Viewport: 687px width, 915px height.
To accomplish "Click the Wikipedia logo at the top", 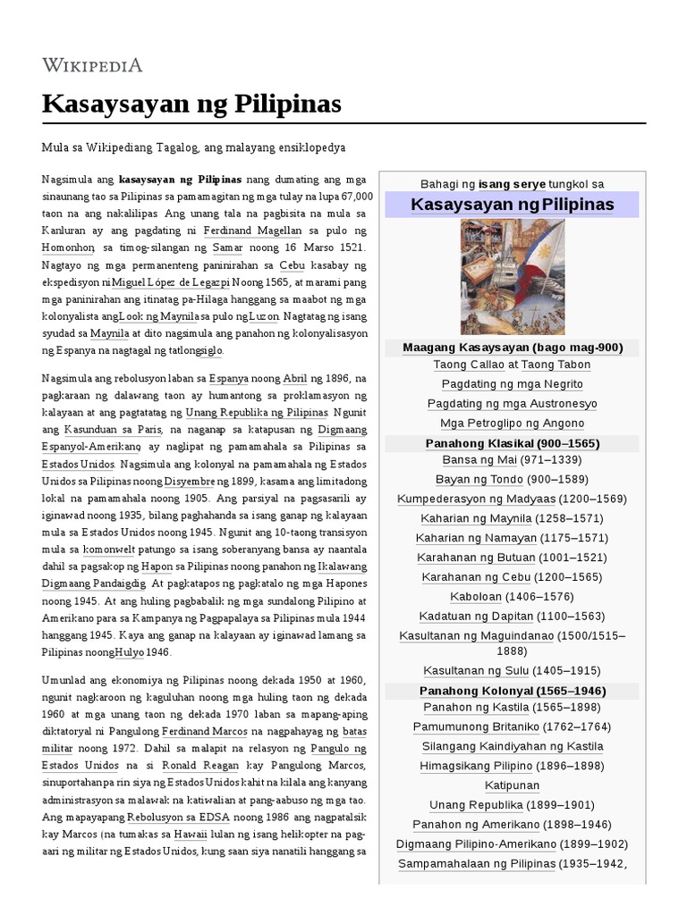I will pyautogui.click(x=92, y=64).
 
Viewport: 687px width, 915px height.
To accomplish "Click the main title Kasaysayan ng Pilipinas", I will pyautogui.click(x=191, y=104).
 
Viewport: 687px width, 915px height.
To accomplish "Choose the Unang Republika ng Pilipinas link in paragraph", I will pyautogui.click(x=256, y=412).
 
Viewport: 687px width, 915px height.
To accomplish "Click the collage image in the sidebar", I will pyautogui.click(x=512, y=277).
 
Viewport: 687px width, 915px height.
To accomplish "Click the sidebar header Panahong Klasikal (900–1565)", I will pyautogui.click(x=512, y=443).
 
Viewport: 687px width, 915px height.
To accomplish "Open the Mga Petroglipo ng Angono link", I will pyautogui.click(x=512, y=424).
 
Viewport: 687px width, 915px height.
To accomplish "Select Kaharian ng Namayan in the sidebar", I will pyautogui.click(x=476, y=538).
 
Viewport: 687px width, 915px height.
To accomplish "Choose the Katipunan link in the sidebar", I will pyautogui.click(x=512, y=786).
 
